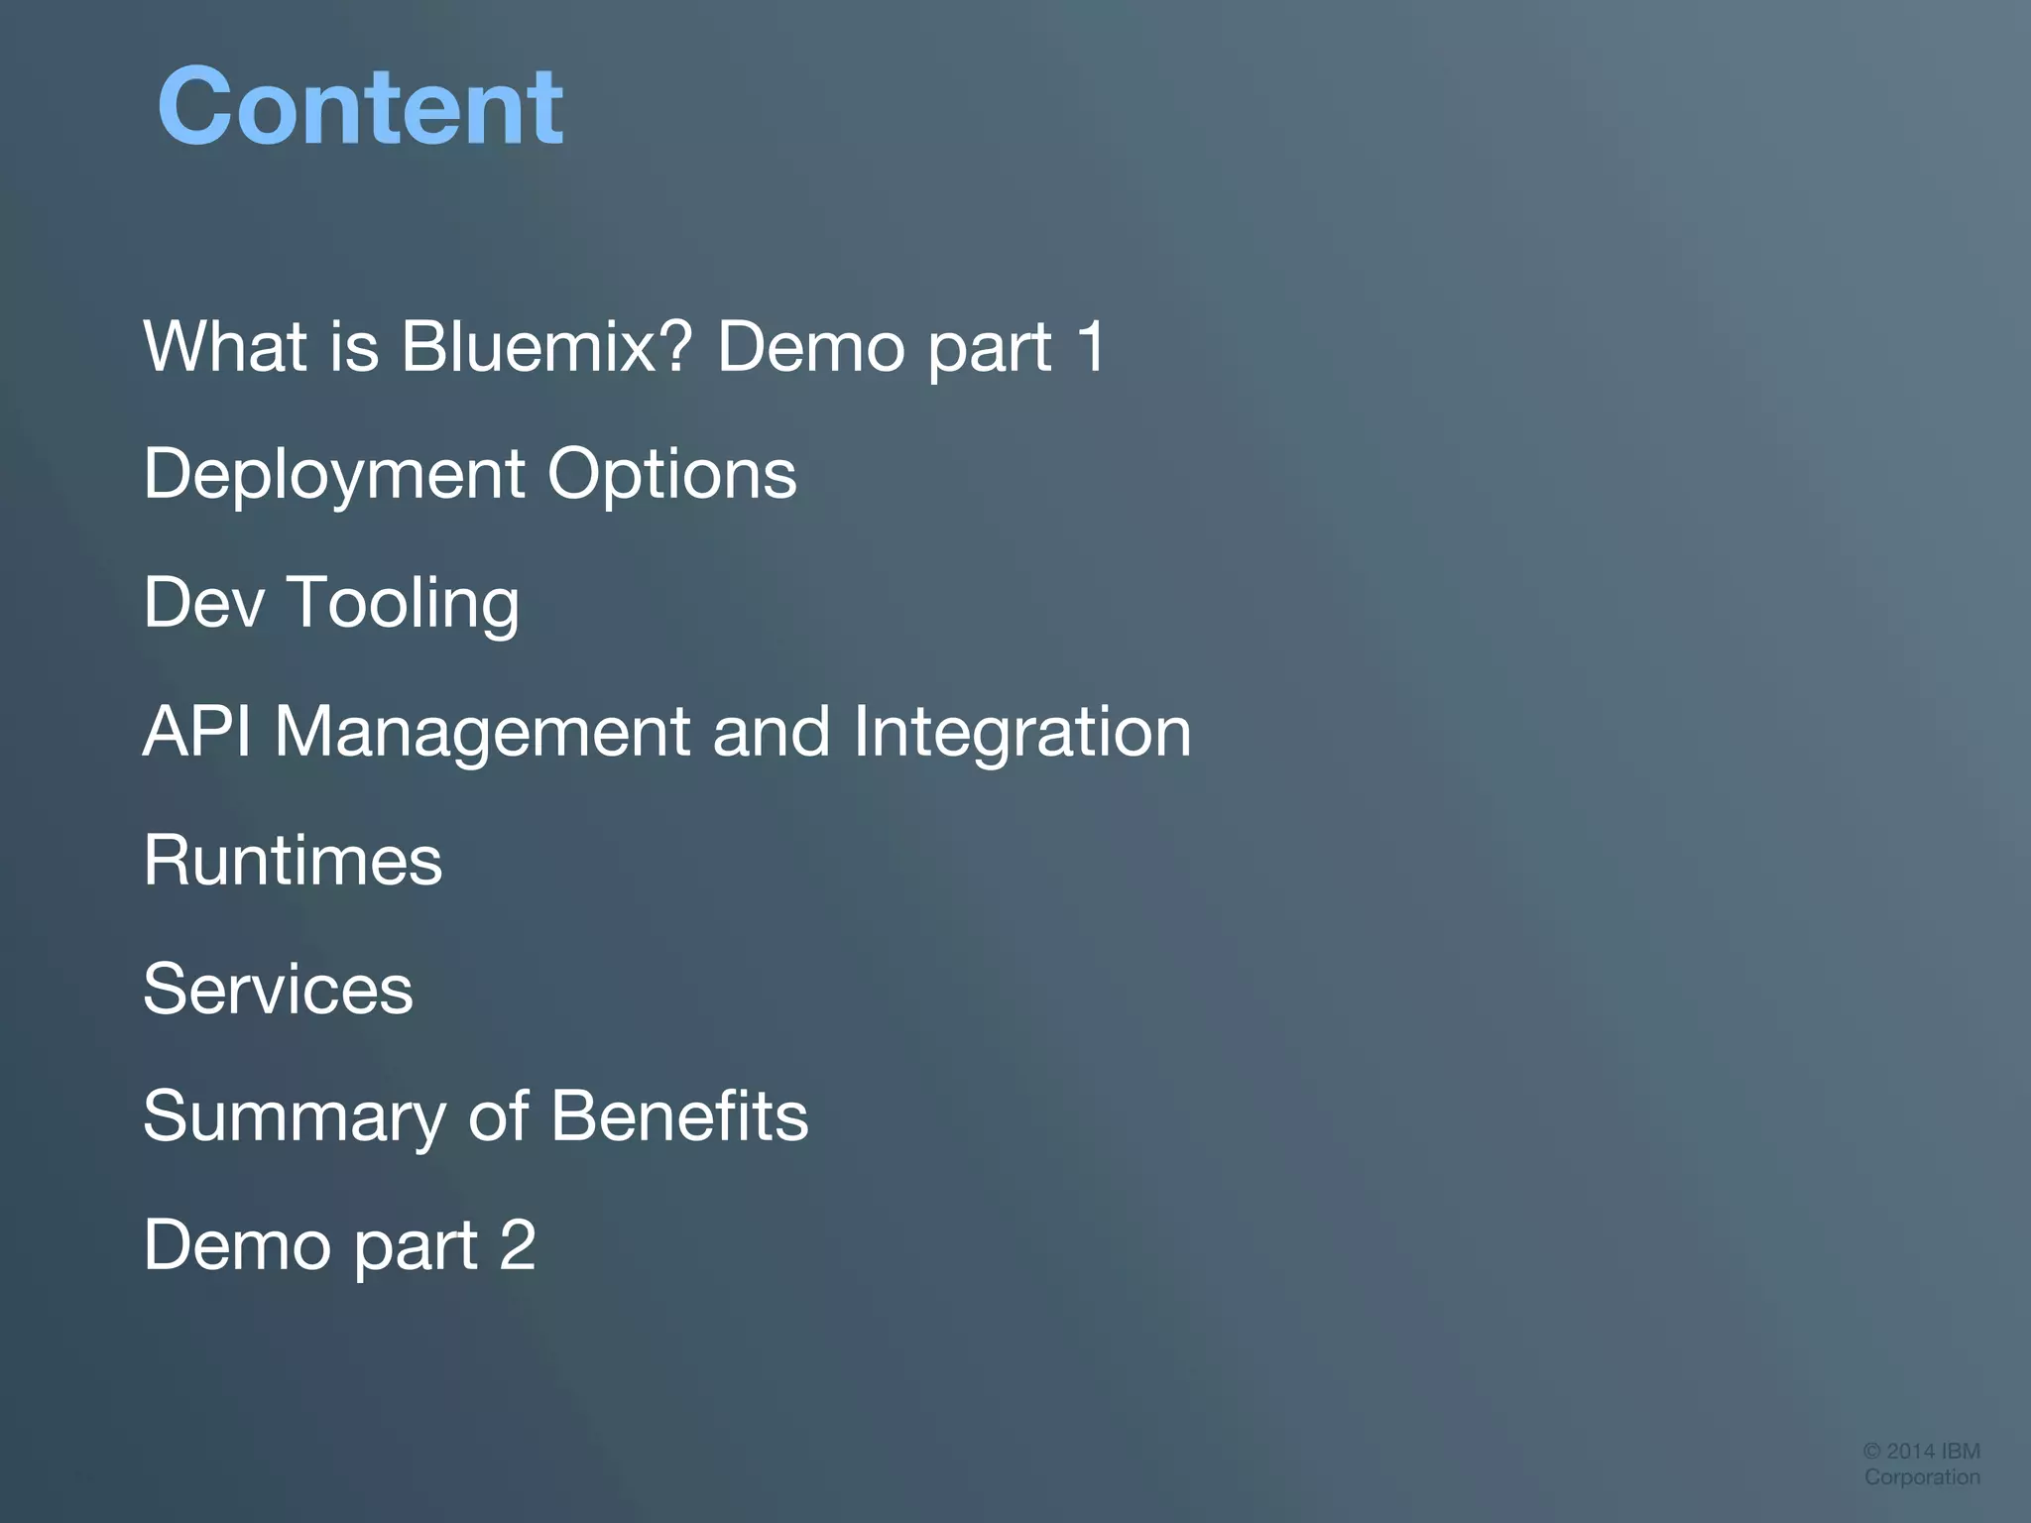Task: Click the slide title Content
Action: [x=360, y=106]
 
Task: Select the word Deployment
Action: [x=333, y=474]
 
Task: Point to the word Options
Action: [x=671, y=474]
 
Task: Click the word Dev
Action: [x=203, y=602]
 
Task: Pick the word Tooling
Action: [x=403, y=604]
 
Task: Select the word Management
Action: [x=482, y=733]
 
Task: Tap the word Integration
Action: [x=1021, y=733]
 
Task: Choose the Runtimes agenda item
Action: [x=293, y=860]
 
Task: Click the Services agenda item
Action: [x=278, y=989]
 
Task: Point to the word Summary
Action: [x=295, y=1117]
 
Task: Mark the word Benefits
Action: [x=679, y=1115]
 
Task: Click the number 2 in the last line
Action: [x=518, y=1244]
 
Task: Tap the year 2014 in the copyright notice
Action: [x=1910, y=1451]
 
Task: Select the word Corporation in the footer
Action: [x=1922, y=1476]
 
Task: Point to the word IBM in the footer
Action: [x=1961, y=1451]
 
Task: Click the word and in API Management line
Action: [x=771, y=731]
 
